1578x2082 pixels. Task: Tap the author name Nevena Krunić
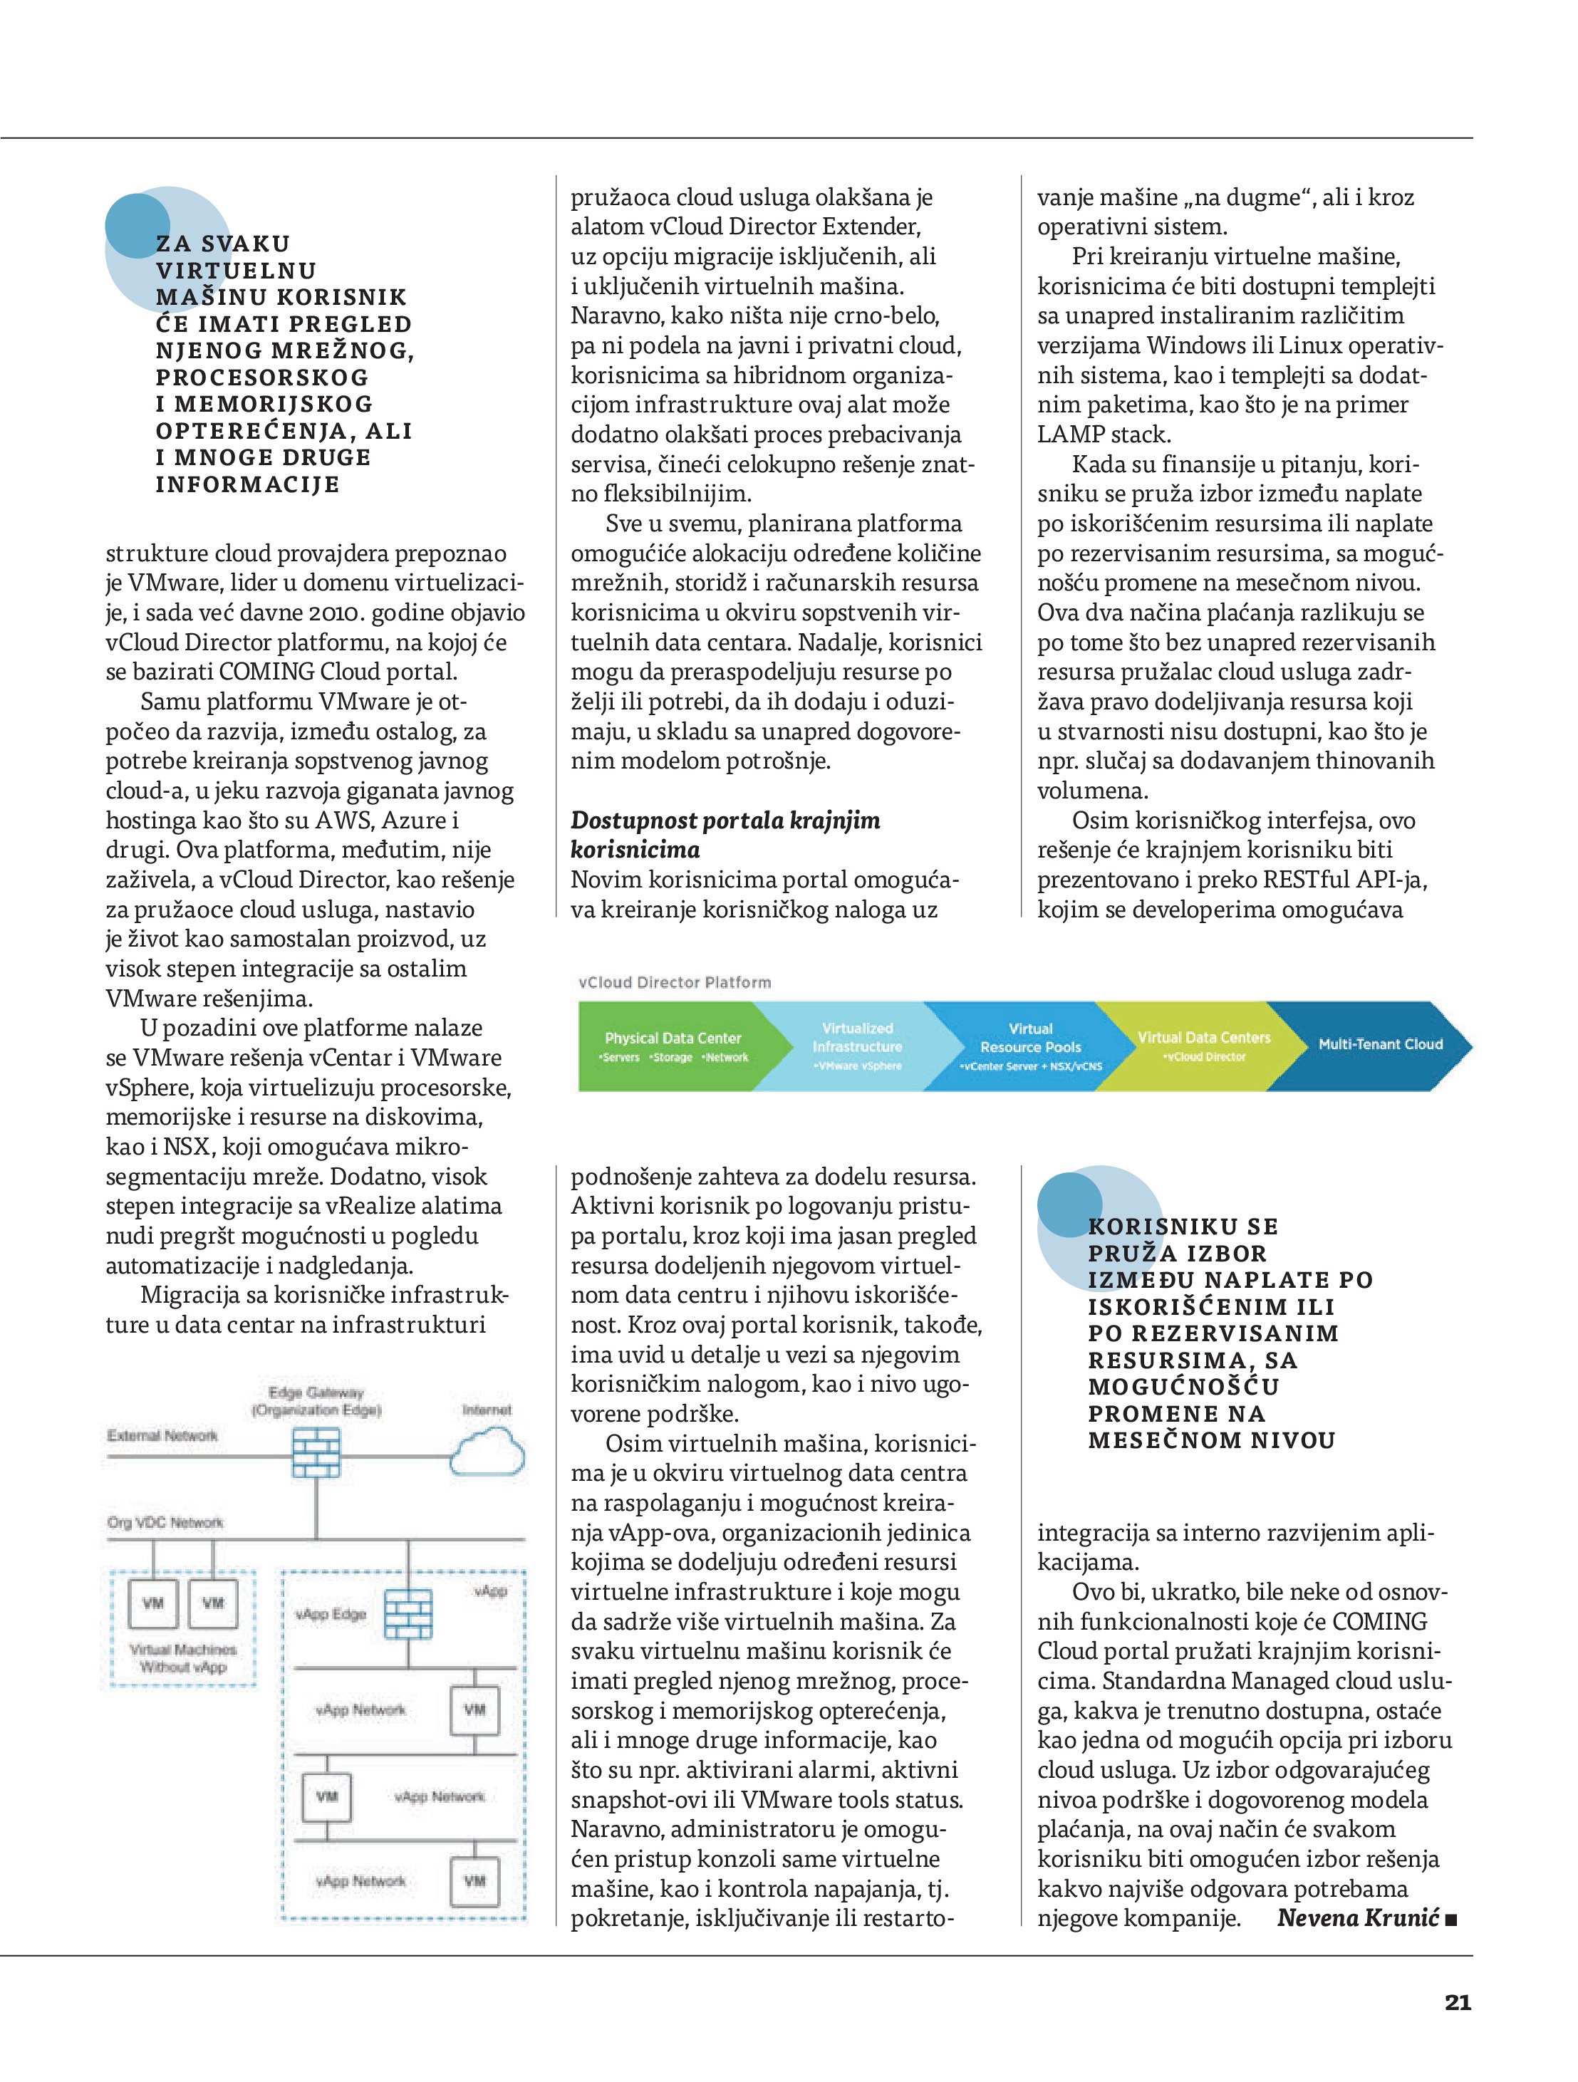pyautogui.click(x=1356, y=1918)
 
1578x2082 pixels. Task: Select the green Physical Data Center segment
pyautogui.click(x=673, y=1046)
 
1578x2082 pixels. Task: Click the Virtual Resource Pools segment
pyautogui.click(x=1030, y=1046)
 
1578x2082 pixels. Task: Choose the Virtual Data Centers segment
pyautogui.click(x=1203, y=1045)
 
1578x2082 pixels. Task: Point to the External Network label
pyautogui.click(x=162, y=1435)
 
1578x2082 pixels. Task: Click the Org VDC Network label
pyautogui.click(x=165, y=1522)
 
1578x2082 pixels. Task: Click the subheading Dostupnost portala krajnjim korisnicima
pyautogui.click(x=725, y=835)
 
